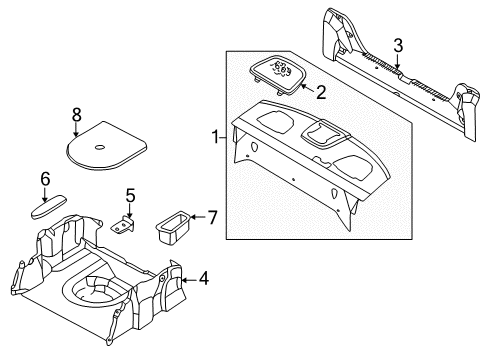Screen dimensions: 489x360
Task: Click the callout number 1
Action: point(215,137)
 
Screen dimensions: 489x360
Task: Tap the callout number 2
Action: point(321,92)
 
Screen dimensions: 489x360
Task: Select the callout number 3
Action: point(398,46)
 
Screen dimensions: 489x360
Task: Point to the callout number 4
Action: point(203,278)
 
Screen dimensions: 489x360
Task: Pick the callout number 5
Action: point(130,195)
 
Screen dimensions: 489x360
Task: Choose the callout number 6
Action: point(45,179)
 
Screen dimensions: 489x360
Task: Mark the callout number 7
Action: point(212,217)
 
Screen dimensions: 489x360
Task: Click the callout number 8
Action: point(77,115)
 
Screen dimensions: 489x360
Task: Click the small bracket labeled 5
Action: point(122,225)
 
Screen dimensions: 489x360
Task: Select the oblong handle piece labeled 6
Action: point(49,207)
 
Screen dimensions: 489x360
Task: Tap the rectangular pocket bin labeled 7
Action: point(173,227)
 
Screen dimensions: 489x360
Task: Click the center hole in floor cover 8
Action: point(100,147)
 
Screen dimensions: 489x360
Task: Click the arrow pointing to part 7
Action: point(199,217)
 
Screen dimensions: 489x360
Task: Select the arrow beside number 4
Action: point(189,280)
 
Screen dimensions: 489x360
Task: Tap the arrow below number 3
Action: point(397,61)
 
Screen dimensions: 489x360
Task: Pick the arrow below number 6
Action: point(45,194)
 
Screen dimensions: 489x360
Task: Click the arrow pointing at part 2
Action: point(307,88)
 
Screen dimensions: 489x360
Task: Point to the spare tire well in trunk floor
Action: point(94,289)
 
